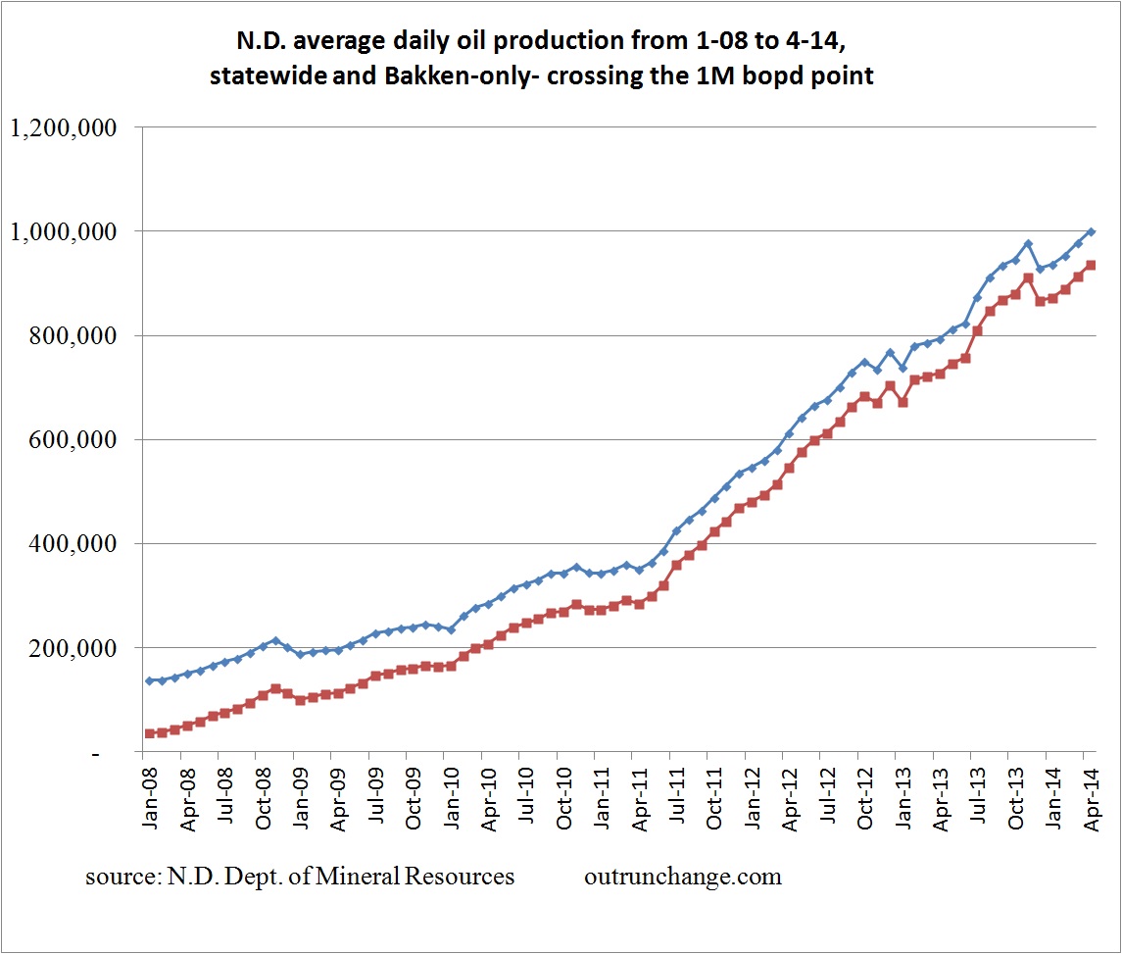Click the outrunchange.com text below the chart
click(683, 877)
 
